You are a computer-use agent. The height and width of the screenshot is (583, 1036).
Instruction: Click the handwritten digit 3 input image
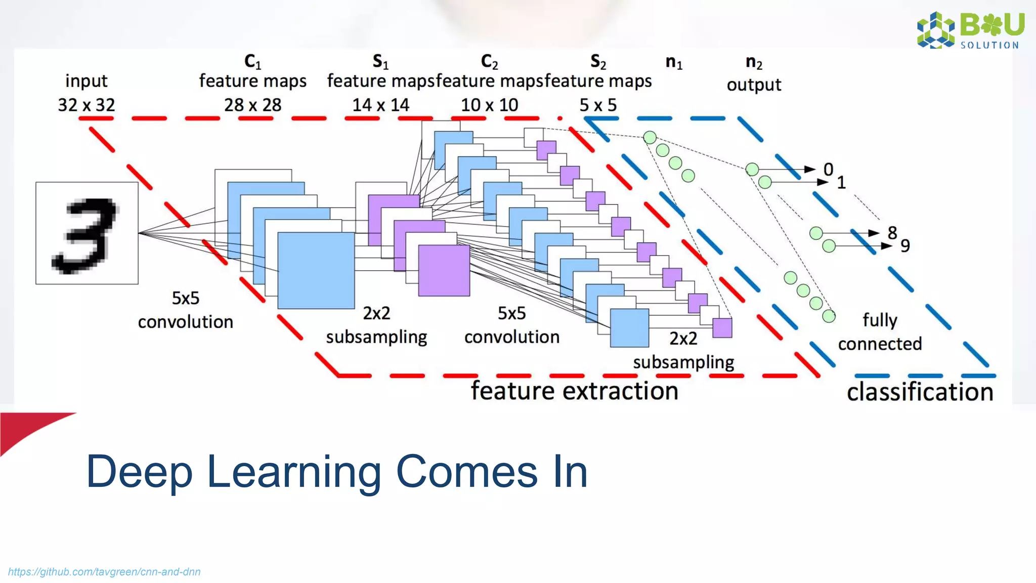coord(87,233)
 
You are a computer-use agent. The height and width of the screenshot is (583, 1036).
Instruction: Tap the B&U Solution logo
coord(970,30)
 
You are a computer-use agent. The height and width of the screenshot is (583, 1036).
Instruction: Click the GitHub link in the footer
coord(104,572)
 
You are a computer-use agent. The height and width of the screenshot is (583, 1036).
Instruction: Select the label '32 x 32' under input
coord(87,105)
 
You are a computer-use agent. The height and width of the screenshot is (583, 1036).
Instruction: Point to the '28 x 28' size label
coord(252,105)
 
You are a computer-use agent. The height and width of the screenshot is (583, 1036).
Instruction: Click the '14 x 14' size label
coord(380,105)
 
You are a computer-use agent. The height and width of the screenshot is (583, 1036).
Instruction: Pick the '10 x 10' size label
coord(489,105)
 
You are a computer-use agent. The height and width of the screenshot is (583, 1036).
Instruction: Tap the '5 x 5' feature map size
coord(598,105)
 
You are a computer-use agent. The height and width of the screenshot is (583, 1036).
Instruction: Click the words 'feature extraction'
coord(574,391)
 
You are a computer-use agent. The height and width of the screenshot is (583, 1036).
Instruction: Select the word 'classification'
coord(920,392)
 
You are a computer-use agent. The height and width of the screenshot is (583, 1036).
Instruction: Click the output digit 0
coord(828,170)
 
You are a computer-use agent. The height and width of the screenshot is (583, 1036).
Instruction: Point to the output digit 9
coord(905,246)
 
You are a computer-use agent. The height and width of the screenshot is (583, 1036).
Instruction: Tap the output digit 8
coord(892,233)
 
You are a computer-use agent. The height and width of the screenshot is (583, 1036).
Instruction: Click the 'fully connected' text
coord(880,332)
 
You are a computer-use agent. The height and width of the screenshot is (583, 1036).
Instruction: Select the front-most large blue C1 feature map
coord(316,271)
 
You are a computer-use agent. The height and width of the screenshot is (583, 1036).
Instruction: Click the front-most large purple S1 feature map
coord(444,270)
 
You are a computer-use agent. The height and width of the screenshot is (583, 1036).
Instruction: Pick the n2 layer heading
coord(754,62)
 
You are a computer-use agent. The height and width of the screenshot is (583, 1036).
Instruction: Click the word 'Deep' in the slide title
coord(139,472)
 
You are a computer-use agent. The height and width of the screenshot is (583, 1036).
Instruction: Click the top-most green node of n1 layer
coord(650,137)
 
